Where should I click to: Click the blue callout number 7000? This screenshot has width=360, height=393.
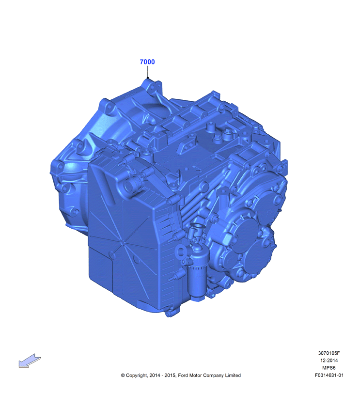coord(147,62)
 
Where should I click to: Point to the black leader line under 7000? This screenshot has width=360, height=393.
coord(148,72)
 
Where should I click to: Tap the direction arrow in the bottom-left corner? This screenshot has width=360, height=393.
coord(30,361)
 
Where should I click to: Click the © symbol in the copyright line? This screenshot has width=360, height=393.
coord(123,376)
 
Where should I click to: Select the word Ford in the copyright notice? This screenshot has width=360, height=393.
coord(183,376)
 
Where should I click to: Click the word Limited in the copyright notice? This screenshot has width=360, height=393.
coord(233,376)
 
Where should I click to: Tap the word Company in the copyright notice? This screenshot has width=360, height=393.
coord(213,376)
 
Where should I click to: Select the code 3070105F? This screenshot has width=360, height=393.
coord(329,353)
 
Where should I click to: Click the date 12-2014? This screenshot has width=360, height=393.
coord(329,361)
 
